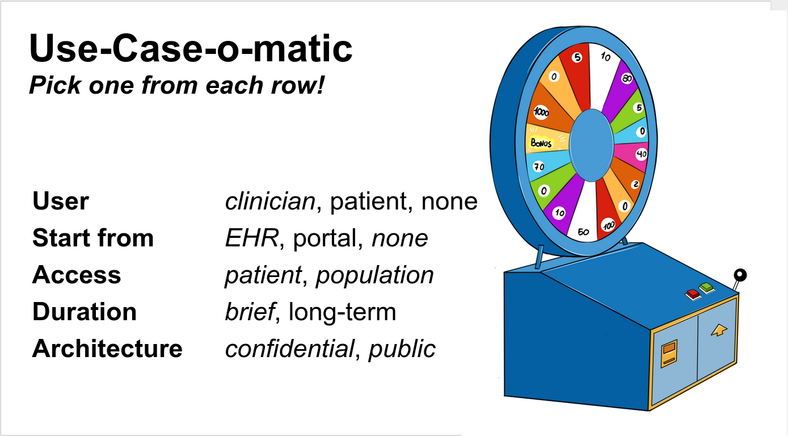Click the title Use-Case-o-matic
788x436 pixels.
(191, 48)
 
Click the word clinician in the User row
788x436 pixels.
(270, 202)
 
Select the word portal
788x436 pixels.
(325, 238)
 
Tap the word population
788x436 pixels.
(374, 276)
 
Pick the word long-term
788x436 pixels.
(342, 312)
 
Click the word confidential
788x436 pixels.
(289, 349)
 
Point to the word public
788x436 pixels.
(402, 350)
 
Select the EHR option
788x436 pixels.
(252, 238)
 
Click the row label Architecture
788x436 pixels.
(107, 349)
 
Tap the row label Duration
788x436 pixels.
(85, 312)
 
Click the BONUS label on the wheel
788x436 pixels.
(541, 143)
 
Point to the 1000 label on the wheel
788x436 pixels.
(541, 112)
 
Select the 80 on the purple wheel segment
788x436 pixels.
(627, 78)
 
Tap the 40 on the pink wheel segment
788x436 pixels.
(641, 154)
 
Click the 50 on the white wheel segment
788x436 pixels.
(583, 232)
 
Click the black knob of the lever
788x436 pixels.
(740, 275)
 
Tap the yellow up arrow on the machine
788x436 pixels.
(719, 330)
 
